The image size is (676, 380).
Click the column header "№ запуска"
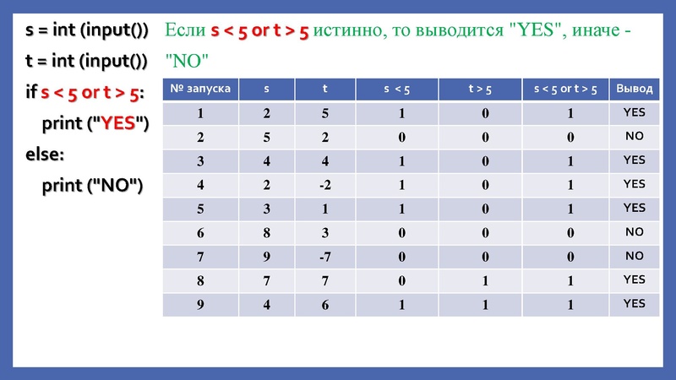pos(200,89)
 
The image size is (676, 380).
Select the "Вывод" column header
pos(634,89)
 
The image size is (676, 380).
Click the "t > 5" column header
pos(482,89)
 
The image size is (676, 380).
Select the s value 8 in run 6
pos(268,231)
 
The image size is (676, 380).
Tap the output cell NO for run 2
pos(634,136)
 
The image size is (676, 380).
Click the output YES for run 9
pos(634,303)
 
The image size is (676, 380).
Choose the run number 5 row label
pos(200,208)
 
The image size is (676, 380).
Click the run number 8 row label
pos(200,280)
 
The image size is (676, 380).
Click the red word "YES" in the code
pos(118,123)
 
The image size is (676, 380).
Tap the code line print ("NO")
pos(92,184)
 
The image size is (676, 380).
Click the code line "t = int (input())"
pos(85,61)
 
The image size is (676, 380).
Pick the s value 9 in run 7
pos(268,256)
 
